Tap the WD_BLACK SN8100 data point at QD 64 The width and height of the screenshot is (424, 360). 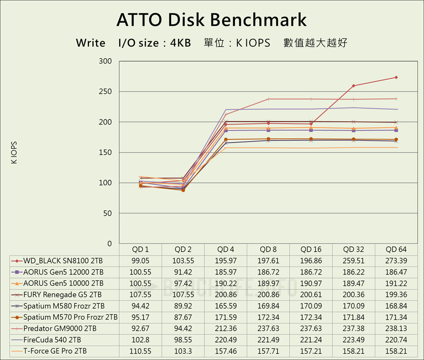396,78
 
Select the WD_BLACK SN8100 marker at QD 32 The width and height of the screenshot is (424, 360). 354,86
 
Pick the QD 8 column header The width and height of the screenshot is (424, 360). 268,249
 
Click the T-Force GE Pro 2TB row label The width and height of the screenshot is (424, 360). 55,351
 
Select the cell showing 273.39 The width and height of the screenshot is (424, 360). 396,260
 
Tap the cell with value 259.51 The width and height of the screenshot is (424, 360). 354,260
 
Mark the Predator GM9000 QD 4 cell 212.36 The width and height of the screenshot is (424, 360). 226,328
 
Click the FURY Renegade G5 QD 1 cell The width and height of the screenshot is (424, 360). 141,294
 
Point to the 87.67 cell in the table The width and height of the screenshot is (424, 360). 183,317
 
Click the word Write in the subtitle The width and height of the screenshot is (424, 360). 91,43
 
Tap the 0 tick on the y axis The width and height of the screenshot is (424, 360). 109,244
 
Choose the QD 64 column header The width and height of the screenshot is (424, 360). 396,249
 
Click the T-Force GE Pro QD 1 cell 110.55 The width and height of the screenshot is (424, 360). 141,351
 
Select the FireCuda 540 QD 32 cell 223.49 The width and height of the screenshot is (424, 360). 354,340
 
